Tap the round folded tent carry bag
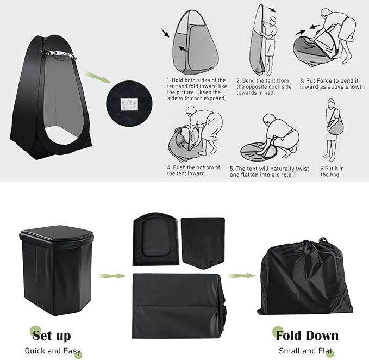click(129, 104)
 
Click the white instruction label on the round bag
click(129, 104)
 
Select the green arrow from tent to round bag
click(98, 77)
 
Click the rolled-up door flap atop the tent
click(59, 54)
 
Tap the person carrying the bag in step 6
click(332, 128)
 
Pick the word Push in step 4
click(178, 167)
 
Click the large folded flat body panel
click(179, 306)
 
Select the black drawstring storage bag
click(305, 277)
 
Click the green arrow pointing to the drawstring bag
click(242, 275)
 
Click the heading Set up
click(52, 336)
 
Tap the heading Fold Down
click(307, 336)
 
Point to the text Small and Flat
click(306, 351)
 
